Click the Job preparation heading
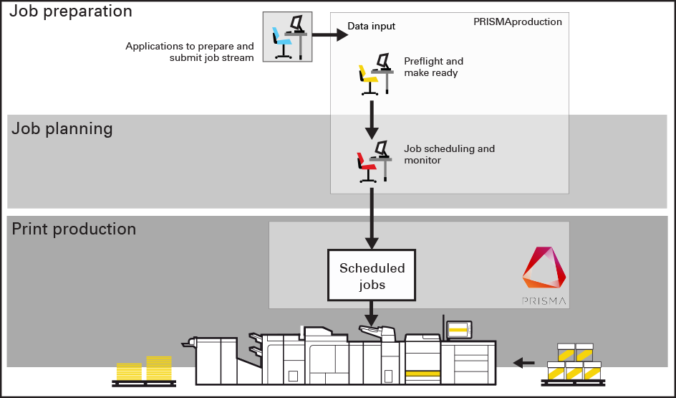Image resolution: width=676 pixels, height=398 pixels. click(x=71, y=11)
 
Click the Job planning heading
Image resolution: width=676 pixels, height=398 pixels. click(x=62, y=129)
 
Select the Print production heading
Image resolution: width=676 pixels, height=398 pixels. click(x=74, y=229)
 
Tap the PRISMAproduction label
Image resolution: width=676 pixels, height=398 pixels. click(x=518, y=22)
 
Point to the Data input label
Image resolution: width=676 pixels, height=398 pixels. click(x=371, y=27)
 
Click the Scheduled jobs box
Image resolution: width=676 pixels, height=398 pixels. click(x=372, y=275)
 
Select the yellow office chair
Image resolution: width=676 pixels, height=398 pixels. click(x=369, y=77)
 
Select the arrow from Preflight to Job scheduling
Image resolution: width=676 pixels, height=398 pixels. click(x=372, y=120)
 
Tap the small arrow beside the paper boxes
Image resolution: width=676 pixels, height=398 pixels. click(x=524, y=363)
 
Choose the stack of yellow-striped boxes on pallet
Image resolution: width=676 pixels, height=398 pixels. click(x=574, y=363)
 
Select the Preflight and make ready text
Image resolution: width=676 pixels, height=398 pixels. click(x=433, y=67)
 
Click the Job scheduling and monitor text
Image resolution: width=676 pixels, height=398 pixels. click(x=449, y=154)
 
